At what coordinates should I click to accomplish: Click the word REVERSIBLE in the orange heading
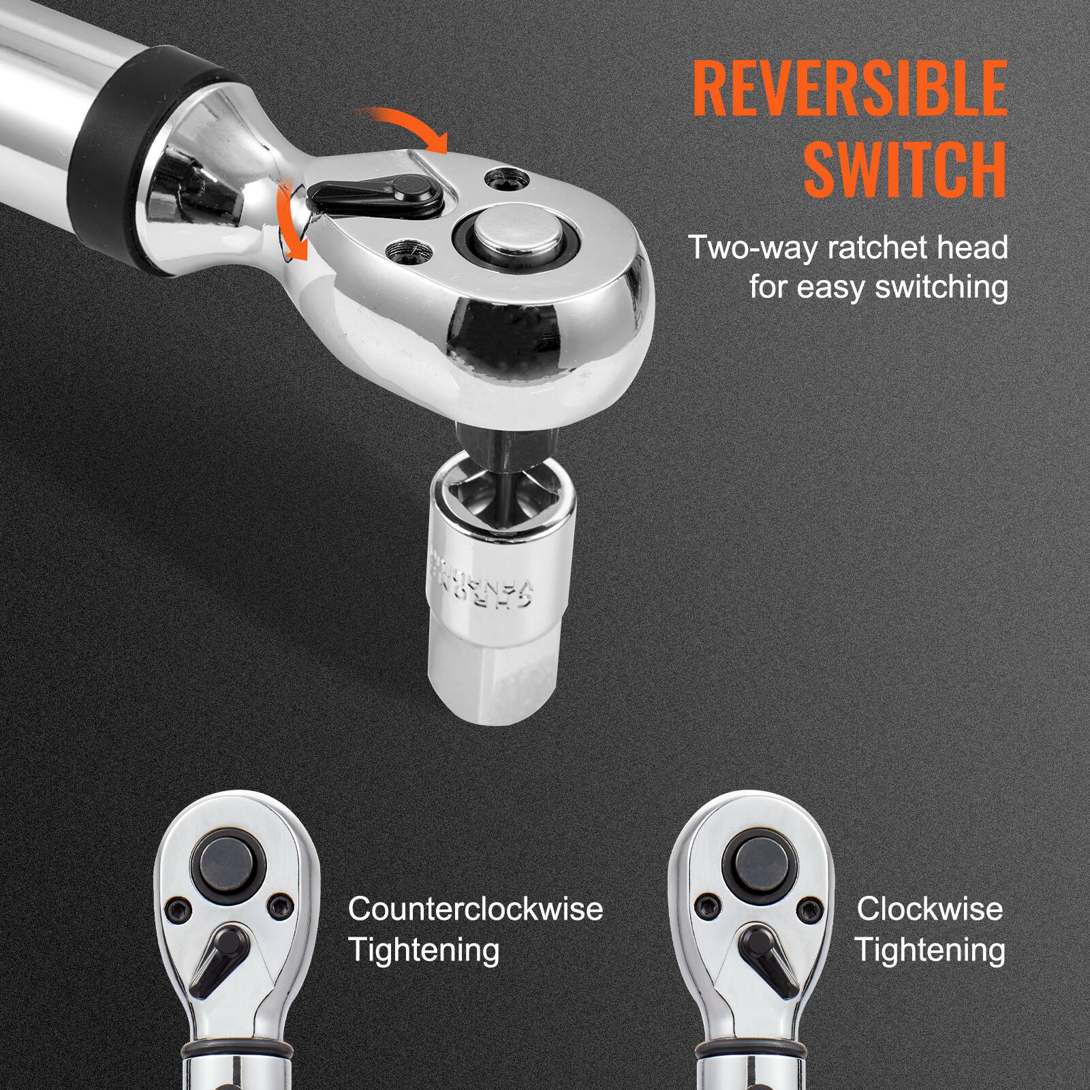(850, 89)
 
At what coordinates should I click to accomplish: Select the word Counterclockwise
(476, 909)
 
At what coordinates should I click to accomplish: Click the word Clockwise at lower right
(929, 909)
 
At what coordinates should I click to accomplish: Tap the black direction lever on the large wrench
(371, 192)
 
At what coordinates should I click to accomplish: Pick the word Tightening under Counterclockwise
(424, 950)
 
